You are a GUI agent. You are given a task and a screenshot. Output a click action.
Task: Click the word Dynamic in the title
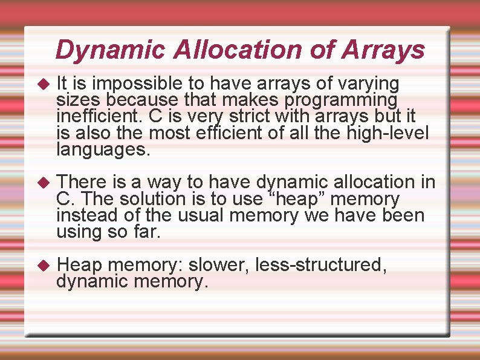[109, 50]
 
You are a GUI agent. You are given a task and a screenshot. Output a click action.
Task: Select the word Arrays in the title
[383, 50]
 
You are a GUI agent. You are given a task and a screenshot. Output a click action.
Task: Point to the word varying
[366, 83]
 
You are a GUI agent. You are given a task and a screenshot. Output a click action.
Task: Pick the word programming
[341, 99]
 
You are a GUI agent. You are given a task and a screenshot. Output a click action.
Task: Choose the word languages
[102, 149]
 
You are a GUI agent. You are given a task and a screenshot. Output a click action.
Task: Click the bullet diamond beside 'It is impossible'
[42, 83]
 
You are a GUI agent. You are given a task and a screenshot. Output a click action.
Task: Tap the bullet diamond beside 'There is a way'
[42, 182]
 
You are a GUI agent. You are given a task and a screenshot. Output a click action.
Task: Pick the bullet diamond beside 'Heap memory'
[42, 265]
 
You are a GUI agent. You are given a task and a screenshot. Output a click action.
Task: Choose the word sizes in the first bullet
[77, 99]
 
